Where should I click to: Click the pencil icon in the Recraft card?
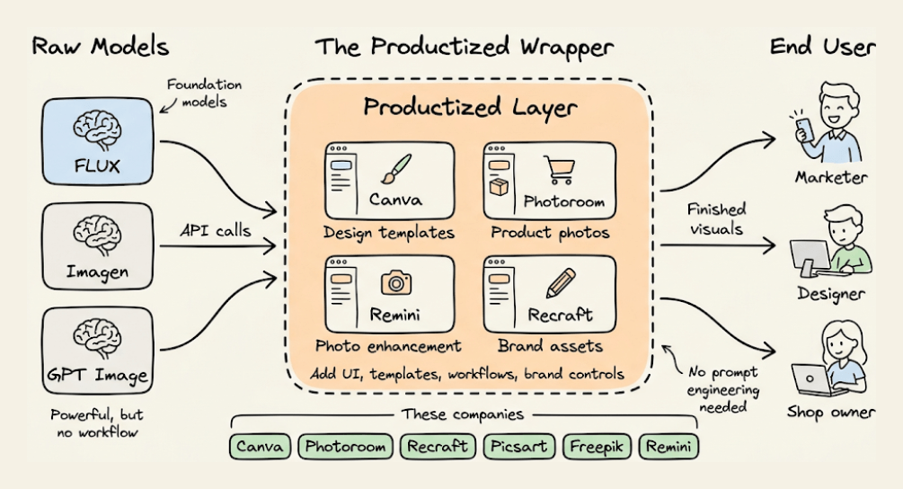pos(560,282)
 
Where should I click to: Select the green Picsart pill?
pos(518,446)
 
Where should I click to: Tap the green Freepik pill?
pos(597,446)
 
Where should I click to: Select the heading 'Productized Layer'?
pos(470,109)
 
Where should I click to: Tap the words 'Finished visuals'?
pos(716,218)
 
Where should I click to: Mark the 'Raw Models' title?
pos(100,46)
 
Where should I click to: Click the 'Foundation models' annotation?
pos(204,93)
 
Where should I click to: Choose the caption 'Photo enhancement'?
pos(388,346)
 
